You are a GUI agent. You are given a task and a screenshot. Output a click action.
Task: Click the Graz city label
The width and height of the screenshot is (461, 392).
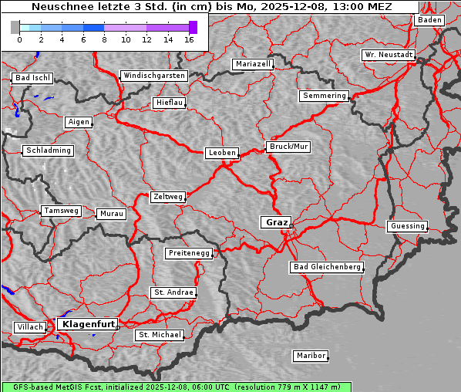pos(275,222)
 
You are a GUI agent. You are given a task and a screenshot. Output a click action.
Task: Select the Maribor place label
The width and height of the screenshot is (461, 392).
pos(311,356)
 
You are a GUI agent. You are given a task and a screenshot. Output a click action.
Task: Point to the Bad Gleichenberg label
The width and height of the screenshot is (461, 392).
pos(326,267)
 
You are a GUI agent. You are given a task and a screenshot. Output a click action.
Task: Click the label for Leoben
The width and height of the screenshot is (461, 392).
pos(222,153)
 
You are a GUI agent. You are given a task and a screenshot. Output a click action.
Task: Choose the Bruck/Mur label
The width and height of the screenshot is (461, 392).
pos(288,147)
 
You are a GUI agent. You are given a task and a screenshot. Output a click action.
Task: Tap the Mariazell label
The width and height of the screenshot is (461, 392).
pos(253,64)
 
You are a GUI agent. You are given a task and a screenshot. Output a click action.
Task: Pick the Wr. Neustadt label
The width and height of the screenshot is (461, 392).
pos(388,56)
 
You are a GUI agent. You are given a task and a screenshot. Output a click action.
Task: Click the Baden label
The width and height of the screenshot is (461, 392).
pos(429,20)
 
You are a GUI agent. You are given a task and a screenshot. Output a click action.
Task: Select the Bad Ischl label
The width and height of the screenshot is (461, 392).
pos(32,78)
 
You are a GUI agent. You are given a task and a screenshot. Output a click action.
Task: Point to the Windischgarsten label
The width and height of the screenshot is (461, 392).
pos(153,76)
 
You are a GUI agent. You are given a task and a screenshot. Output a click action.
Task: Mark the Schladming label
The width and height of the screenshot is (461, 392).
pos(48,150)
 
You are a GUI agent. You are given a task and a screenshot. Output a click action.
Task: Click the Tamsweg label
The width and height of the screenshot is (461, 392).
pos(60,211)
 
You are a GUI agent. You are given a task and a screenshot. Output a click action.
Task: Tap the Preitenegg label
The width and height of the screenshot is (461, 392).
pos(187,253)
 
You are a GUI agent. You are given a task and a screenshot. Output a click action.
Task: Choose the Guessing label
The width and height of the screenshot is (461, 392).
pos(406,226)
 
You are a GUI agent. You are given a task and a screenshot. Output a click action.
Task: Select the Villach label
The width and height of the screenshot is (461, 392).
pos(29,327)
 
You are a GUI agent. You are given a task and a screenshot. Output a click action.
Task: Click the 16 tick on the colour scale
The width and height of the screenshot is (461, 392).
pos(190,39)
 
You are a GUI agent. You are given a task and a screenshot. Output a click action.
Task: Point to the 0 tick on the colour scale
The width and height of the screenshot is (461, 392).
pos(19,39)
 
